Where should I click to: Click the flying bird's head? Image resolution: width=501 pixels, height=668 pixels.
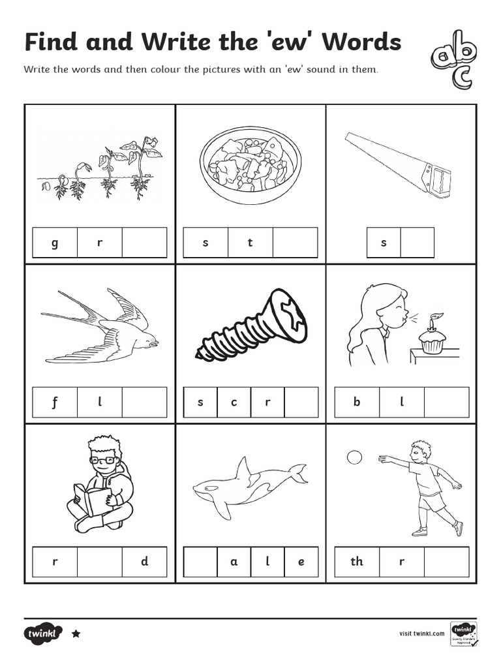click(x=149, y=339)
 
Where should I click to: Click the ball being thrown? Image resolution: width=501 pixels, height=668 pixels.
click(x=354, y=457)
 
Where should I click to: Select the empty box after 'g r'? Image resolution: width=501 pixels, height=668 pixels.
click(x=144, y=243)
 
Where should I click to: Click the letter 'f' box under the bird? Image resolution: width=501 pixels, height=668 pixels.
click(x=55, y=402)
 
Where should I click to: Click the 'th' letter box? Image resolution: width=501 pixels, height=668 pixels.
click(x=357, y=562)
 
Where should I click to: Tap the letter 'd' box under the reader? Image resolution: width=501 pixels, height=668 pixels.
click(x=144, y=562)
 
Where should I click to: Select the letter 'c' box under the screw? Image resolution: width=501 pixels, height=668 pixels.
click(x=234, y=402)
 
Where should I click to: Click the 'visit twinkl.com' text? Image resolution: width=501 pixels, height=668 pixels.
click(x=421, y=633)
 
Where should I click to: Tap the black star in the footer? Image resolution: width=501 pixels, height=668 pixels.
click(x=76, y=633)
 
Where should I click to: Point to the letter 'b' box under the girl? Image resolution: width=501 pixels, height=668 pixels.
click(x=357, y=402)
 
